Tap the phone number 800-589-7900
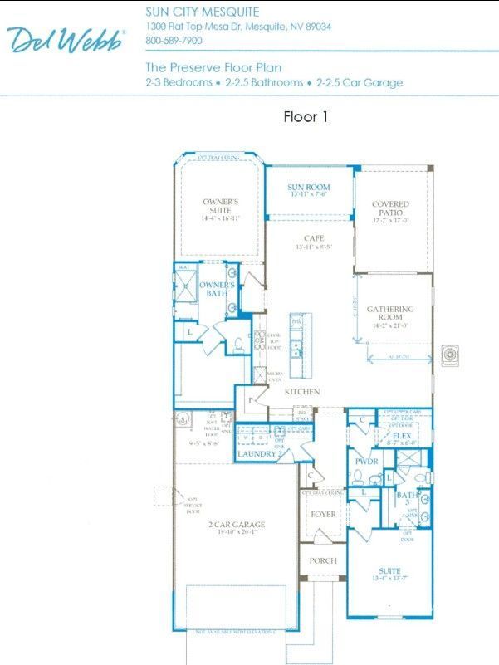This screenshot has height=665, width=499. click(x=174, y=40)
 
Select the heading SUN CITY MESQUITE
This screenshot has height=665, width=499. click(x=202, y=12)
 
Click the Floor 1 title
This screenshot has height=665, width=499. click(x=306, y=117)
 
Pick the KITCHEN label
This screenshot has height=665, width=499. click(x=302, y=391)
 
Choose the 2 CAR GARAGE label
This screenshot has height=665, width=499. click(x=237, y=524)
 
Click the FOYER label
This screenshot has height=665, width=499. click(x=323, y=514)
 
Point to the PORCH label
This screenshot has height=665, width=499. click(x=323, y=560)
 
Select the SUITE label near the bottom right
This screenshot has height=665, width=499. click(x=389, y=571)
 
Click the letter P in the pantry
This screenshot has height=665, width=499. click(x=251, y=399)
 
